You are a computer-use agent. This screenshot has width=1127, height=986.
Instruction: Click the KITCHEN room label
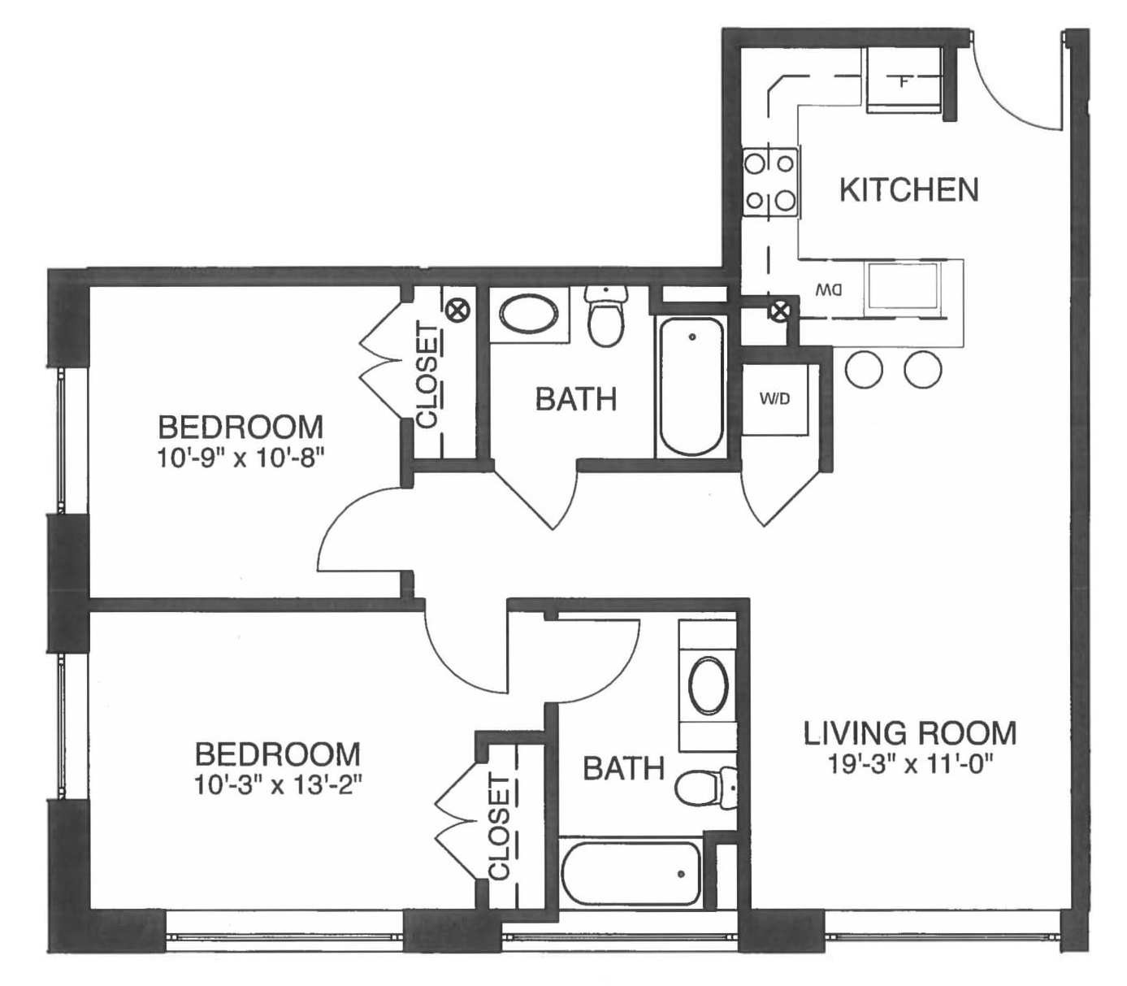(x=908, y=190)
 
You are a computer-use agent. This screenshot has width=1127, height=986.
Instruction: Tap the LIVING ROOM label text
(x=909, y=732)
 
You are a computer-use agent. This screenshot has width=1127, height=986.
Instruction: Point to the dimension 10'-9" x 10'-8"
(x=241, y=458)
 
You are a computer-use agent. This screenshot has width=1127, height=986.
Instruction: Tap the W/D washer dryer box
(x=774, y=400)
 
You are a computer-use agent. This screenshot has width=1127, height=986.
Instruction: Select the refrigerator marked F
(x=903, y=80)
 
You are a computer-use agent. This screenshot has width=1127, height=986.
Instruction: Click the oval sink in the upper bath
(x=528, y=315)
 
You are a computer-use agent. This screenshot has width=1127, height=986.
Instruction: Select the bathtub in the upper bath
(x=691, y=387)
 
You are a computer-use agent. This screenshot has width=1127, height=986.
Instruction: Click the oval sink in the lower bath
(x=708, y=686)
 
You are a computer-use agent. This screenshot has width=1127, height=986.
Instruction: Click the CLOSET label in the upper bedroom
(x=427, y=375)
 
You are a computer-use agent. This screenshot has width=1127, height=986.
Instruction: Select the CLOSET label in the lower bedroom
(x=500, y=827)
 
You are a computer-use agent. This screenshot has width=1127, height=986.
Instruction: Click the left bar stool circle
(x=863, y=369)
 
